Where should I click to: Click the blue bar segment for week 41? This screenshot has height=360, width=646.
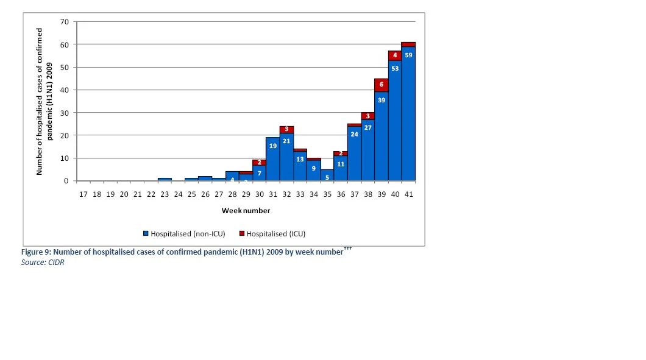click(x=408, y=114)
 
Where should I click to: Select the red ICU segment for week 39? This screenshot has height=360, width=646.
click(x=381, y=85)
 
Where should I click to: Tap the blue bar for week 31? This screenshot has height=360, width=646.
click(x=273, y=159)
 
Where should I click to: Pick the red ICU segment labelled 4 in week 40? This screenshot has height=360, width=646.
click(x=395, y=55)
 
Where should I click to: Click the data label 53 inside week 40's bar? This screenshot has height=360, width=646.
click(x=395, y=68)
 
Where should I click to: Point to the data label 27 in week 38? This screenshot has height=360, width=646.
click(x=368, y=128)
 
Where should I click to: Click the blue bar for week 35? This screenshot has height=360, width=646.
click(x=327, y=175)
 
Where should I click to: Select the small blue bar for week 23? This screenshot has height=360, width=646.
click(x=165, y=180)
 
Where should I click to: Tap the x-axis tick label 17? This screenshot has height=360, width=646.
click(x=83, y=194)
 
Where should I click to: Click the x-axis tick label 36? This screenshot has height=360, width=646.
click(x=341, y=194)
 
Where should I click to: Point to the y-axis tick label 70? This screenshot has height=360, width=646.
click(x=64, y=22)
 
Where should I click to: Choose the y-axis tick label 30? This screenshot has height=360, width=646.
click(x=64, y=113)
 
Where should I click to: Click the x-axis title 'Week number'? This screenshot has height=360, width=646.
click(x=246, y=211)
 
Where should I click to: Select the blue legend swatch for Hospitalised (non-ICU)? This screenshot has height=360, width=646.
click(x=146, y=233)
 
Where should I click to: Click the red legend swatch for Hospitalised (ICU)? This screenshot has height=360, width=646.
click(x=242, y=233)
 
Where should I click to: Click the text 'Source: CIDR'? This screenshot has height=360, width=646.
click(x=43, y=263)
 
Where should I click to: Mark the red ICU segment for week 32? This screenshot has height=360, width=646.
click(x=286, y=130)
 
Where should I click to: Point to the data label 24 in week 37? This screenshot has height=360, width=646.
click(x=354, y=134)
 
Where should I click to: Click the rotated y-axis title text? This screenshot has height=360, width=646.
click(x=44, y=101)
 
